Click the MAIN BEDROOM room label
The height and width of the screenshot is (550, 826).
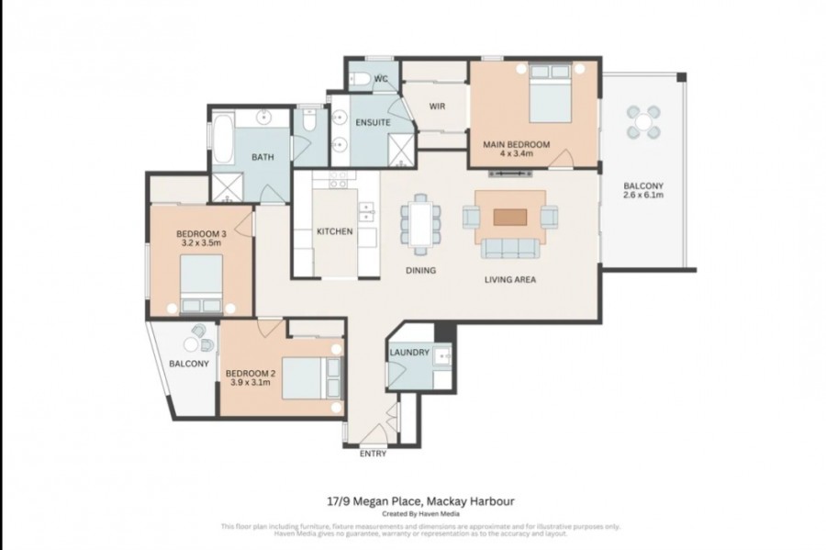click(516, 144)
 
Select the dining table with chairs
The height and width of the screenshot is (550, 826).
click(419, 223)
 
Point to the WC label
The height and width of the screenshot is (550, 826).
click(382, 80)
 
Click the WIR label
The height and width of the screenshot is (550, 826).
click(437, 106)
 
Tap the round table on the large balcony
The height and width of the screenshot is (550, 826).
click(643, 121)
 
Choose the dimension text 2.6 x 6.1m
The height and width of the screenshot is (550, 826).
click(642, 196)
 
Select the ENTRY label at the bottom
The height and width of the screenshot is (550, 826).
click(373, 454)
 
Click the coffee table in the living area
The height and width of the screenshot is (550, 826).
click(510, 218)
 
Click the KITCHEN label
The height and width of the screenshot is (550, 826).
click(334, 231)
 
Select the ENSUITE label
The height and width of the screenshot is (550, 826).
click(373, 122)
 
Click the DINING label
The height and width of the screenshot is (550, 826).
click(421, 271)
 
